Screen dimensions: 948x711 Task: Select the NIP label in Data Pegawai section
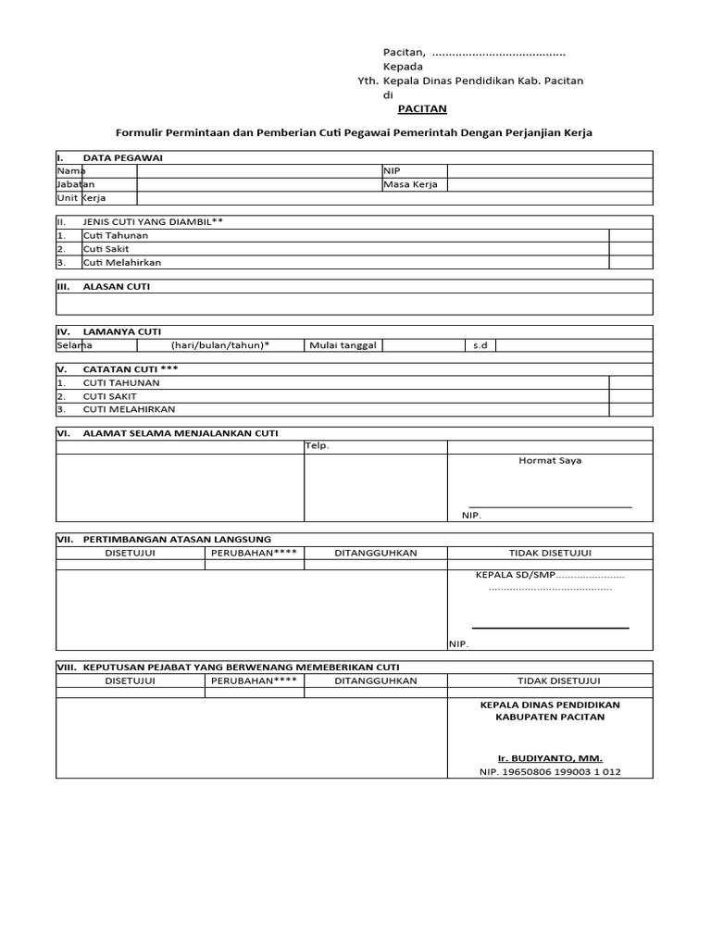pos(392,170)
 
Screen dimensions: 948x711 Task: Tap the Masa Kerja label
pos(410,184)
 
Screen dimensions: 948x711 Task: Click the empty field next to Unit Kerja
pos(259,198)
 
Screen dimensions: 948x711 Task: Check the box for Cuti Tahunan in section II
pos(630,235)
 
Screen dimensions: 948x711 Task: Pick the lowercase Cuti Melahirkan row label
pos(122,262)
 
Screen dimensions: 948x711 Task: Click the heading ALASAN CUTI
pos(116,286)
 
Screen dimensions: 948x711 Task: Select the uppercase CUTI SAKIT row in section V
pos(109,395)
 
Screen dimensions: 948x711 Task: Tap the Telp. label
pos(318,445)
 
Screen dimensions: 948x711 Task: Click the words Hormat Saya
pos(550,460)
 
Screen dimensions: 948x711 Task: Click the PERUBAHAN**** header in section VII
pos(255,553)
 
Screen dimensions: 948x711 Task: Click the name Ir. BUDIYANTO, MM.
pos(550,757)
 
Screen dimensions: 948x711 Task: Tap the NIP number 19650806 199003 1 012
pos(550,771)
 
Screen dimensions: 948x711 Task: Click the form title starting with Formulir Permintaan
pos(353,133)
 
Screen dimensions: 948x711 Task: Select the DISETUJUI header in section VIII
pos(130,680)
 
